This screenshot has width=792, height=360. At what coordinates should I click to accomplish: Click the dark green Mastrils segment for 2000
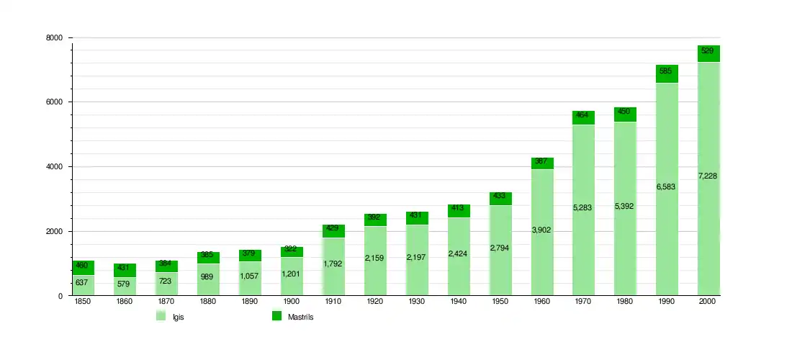(708, 53)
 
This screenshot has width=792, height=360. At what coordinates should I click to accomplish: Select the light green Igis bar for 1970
(583, 210)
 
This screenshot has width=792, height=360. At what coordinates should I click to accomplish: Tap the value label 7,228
(708, 176)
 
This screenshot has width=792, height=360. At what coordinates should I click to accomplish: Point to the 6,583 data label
(666, 186)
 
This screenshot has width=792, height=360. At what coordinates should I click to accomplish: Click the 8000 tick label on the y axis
(55, 38)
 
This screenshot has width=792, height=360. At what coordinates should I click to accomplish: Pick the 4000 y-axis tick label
(55, 166)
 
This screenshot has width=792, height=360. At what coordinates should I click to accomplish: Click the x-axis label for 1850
(82, 302)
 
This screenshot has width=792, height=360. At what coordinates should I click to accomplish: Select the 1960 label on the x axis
(541, 302)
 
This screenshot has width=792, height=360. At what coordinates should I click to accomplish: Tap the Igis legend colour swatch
(161, 316)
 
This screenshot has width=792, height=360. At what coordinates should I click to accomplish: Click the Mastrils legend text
(300, 318)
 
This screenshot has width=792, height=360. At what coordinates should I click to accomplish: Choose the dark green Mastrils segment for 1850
(83, 268)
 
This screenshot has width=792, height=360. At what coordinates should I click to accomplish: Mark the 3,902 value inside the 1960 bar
(541, 230)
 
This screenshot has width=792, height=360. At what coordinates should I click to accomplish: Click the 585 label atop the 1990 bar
(666, 71)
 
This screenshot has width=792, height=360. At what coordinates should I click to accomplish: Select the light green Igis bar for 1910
(333, 266)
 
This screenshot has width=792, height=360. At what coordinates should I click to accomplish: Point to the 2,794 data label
(500, 248)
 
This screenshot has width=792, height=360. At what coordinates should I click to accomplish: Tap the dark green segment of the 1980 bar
(625, 114)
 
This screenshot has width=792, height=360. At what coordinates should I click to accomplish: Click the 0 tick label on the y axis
(60, 296)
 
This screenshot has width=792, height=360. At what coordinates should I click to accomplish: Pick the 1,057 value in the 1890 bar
(250, 276)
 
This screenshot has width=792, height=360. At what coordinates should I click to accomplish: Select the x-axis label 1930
(417, 302)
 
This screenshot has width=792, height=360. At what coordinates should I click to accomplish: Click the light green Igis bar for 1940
(459, 256)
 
